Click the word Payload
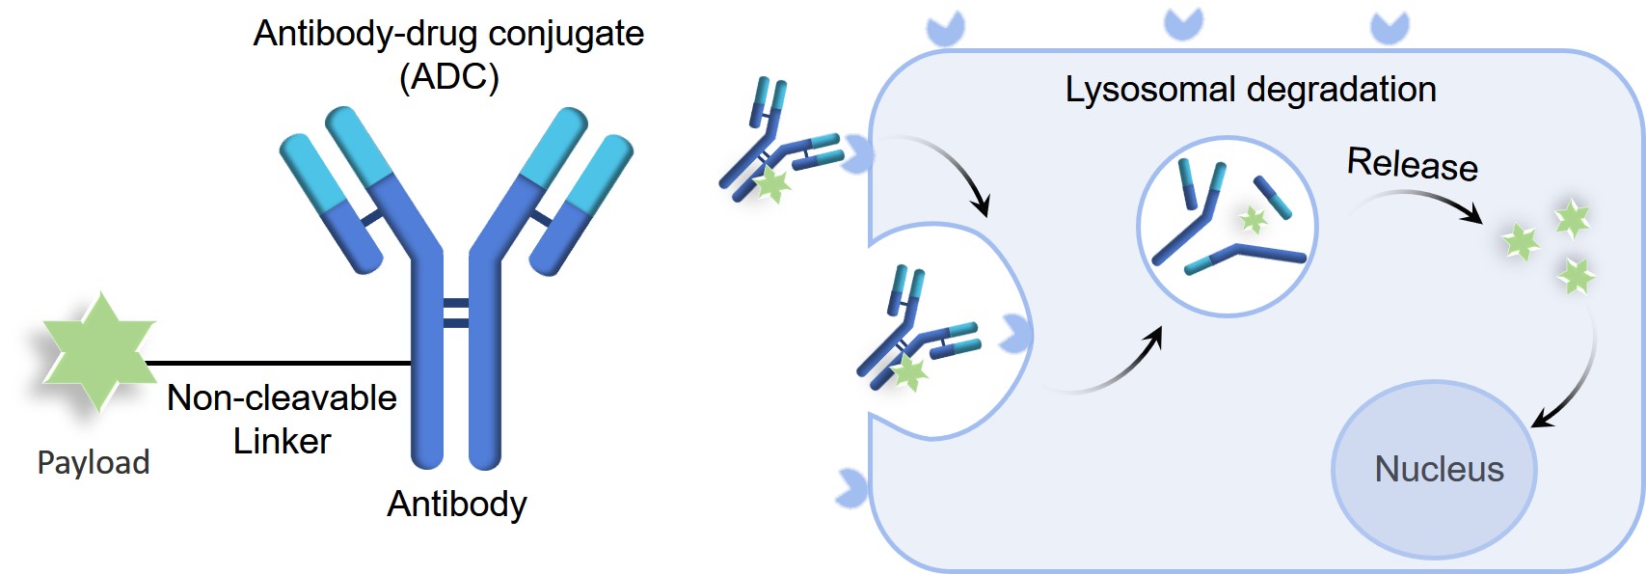tap(94, 463)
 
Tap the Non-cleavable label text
tap(282, 397)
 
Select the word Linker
tap(282, 442)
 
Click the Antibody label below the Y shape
tap(457, 504)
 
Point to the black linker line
tap(280, 364)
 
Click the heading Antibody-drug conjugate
tap(448, 34)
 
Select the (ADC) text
tap(449, 77)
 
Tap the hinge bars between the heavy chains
tap(455, 314)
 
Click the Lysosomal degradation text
tap(1251, 90)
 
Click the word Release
tap(1412, 164)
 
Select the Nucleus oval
tap(1435, 470)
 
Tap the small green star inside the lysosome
tap(1254, 220)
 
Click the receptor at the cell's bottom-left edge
tap(852, 488)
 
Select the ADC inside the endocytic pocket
tap(916, 333)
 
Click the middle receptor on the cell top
tap(1183, 22)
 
